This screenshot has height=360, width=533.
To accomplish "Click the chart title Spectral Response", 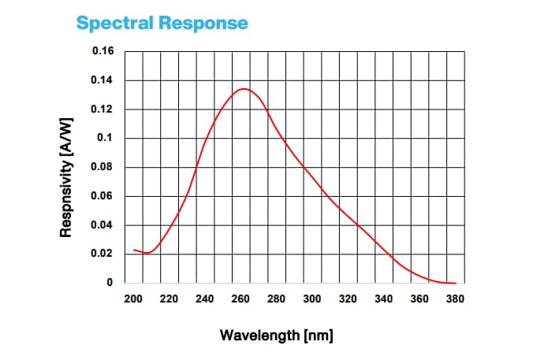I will tap(162, 23).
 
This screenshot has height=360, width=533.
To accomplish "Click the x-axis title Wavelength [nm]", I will tap(276, 336).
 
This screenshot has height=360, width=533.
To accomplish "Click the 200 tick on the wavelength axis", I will tap(133, 299).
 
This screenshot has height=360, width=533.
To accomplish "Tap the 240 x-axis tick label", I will tap(205, 299).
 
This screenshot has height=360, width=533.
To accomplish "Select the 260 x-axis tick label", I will tap(241, 299).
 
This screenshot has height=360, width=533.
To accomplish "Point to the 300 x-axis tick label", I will tap(312, 299).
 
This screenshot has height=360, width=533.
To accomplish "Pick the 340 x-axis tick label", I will tap(384, 299).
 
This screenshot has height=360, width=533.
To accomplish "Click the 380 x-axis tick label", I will tap(456, 299).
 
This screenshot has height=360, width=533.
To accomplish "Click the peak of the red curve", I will tap(244, 89).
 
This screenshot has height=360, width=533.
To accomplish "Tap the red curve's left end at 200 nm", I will tap(134, 250).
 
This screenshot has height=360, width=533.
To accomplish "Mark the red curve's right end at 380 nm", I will tap(456, 283).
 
